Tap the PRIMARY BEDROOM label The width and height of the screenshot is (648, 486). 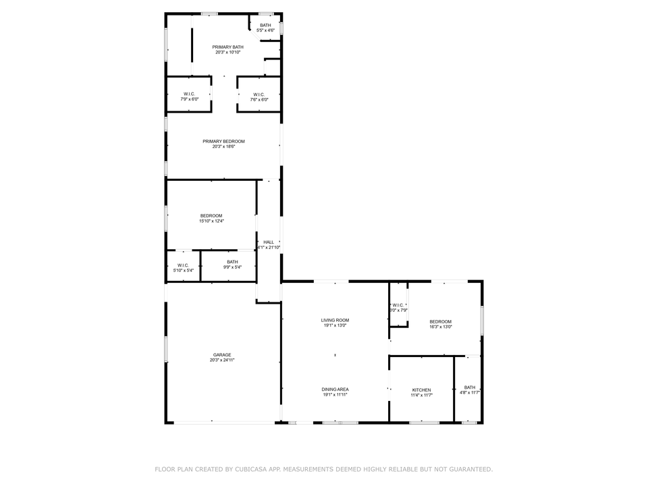click(223, 141)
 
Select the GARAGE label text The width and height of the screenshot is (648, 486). click(222, 355)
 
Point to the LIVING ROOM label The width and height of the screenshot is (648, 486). click(335, 320)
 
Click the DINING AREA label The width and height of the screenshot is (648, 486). click(335, 389)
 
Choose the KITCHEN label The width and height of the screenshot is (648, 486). click(422, 390)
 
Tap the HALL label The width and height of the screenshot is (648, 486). click(269, 242)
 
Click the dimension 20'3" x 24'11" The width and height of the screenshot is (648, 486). click(222, 360)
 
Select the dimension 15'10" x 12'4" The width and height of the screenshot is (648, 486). click(211, 221)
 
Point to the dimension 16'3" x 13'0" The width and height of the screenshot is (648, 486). click(441, 327)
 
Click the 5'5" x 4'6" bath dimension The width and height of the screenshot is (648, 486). click(265, 30)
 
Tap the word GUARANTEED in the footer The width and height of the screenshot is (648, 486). click(467, 468)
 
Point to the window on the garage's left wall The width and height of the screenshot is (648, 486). click(166, 349)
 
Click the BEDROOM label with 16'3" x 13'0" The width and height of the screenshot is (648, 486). click(441, 321)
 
